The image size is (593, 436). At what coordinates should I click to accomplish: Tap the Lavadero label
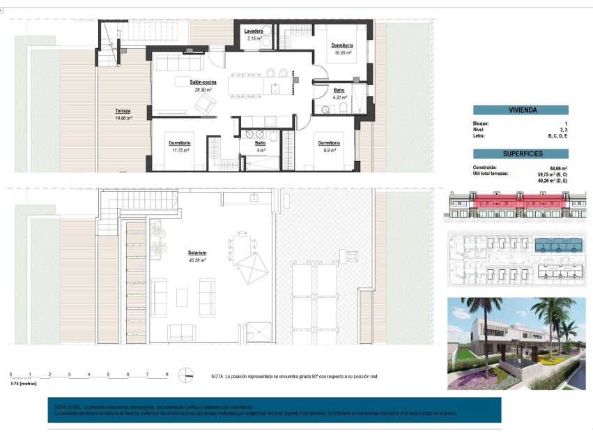253,31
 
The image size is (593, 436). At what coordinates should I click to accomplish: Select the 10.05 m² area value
342,52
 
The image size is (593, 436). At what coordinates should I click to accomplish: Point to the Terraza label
123,111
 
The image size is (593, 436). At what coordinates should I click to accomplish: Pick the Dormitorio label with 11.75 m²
180,143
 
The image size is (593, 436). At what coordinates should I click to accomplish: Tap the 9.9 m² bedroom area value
330,150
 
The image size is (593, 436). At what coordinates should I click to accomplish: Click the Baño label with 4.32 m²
339,91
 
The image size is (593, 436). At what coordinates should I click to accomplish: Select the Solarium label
197,253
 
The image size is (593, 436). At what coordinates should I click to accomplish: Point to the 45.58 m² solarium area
197,260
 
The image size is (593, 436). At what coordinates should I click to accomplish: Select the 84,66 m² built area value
557,168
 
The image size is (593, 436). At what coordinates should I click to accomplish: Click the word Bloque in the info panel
481,123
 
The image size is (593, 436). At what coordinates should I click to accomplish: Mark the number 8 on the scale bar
167,375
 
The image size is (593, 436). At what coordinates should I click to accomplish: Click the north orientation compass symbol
185,375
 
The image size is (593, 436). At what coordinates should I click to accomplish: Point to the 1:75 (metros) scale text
23,384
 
